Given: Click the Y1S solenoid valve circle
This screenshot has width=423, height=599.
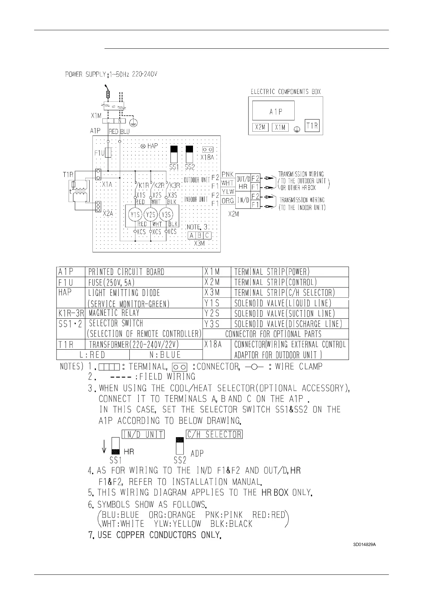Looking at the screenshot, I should click(x=135, y=214).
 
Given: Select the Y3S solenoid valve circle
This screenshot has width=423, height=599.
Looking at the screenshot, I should click(x=166, y=214).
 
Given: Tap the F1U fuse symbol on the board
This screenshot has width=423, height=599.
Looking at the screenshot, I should click(x=109, y=153).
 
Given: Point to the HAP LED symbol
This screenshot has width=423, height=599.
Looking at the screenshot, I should click(x=144, y=146).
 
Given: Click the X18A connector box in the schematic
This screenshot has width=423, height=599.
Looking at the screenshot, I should click(x=208, y=150).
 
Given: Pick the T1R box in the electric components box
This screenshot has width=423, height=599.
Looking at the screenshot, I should click(x=312, y=126).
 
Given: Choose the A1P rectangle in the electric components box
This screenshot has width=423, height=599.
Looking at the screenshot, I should click(x=273, y=111).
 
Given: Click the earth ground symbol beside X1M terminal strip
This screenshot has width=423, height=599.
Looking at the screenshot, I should click(x=134, y=123).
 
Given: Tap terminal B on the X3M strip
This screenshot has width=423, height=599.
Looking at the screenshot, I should click(x=199, y=235).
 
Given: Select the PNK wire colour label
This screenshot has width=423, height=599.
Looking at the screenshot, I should click(x=227, y=174).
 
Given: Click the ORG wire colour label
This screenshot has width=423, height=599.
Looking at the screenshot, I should click(x=227, y=201).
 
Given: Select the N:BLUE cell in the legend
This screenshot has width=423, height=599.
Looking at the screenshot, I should click(x=166, y=355).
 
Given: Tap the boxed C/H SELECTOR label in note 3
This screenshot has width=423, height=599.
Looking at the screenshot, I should click(x=214, y=434).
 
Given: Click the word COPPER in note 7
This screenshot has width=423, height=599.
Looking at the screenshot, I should click(x=173, y=535).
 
